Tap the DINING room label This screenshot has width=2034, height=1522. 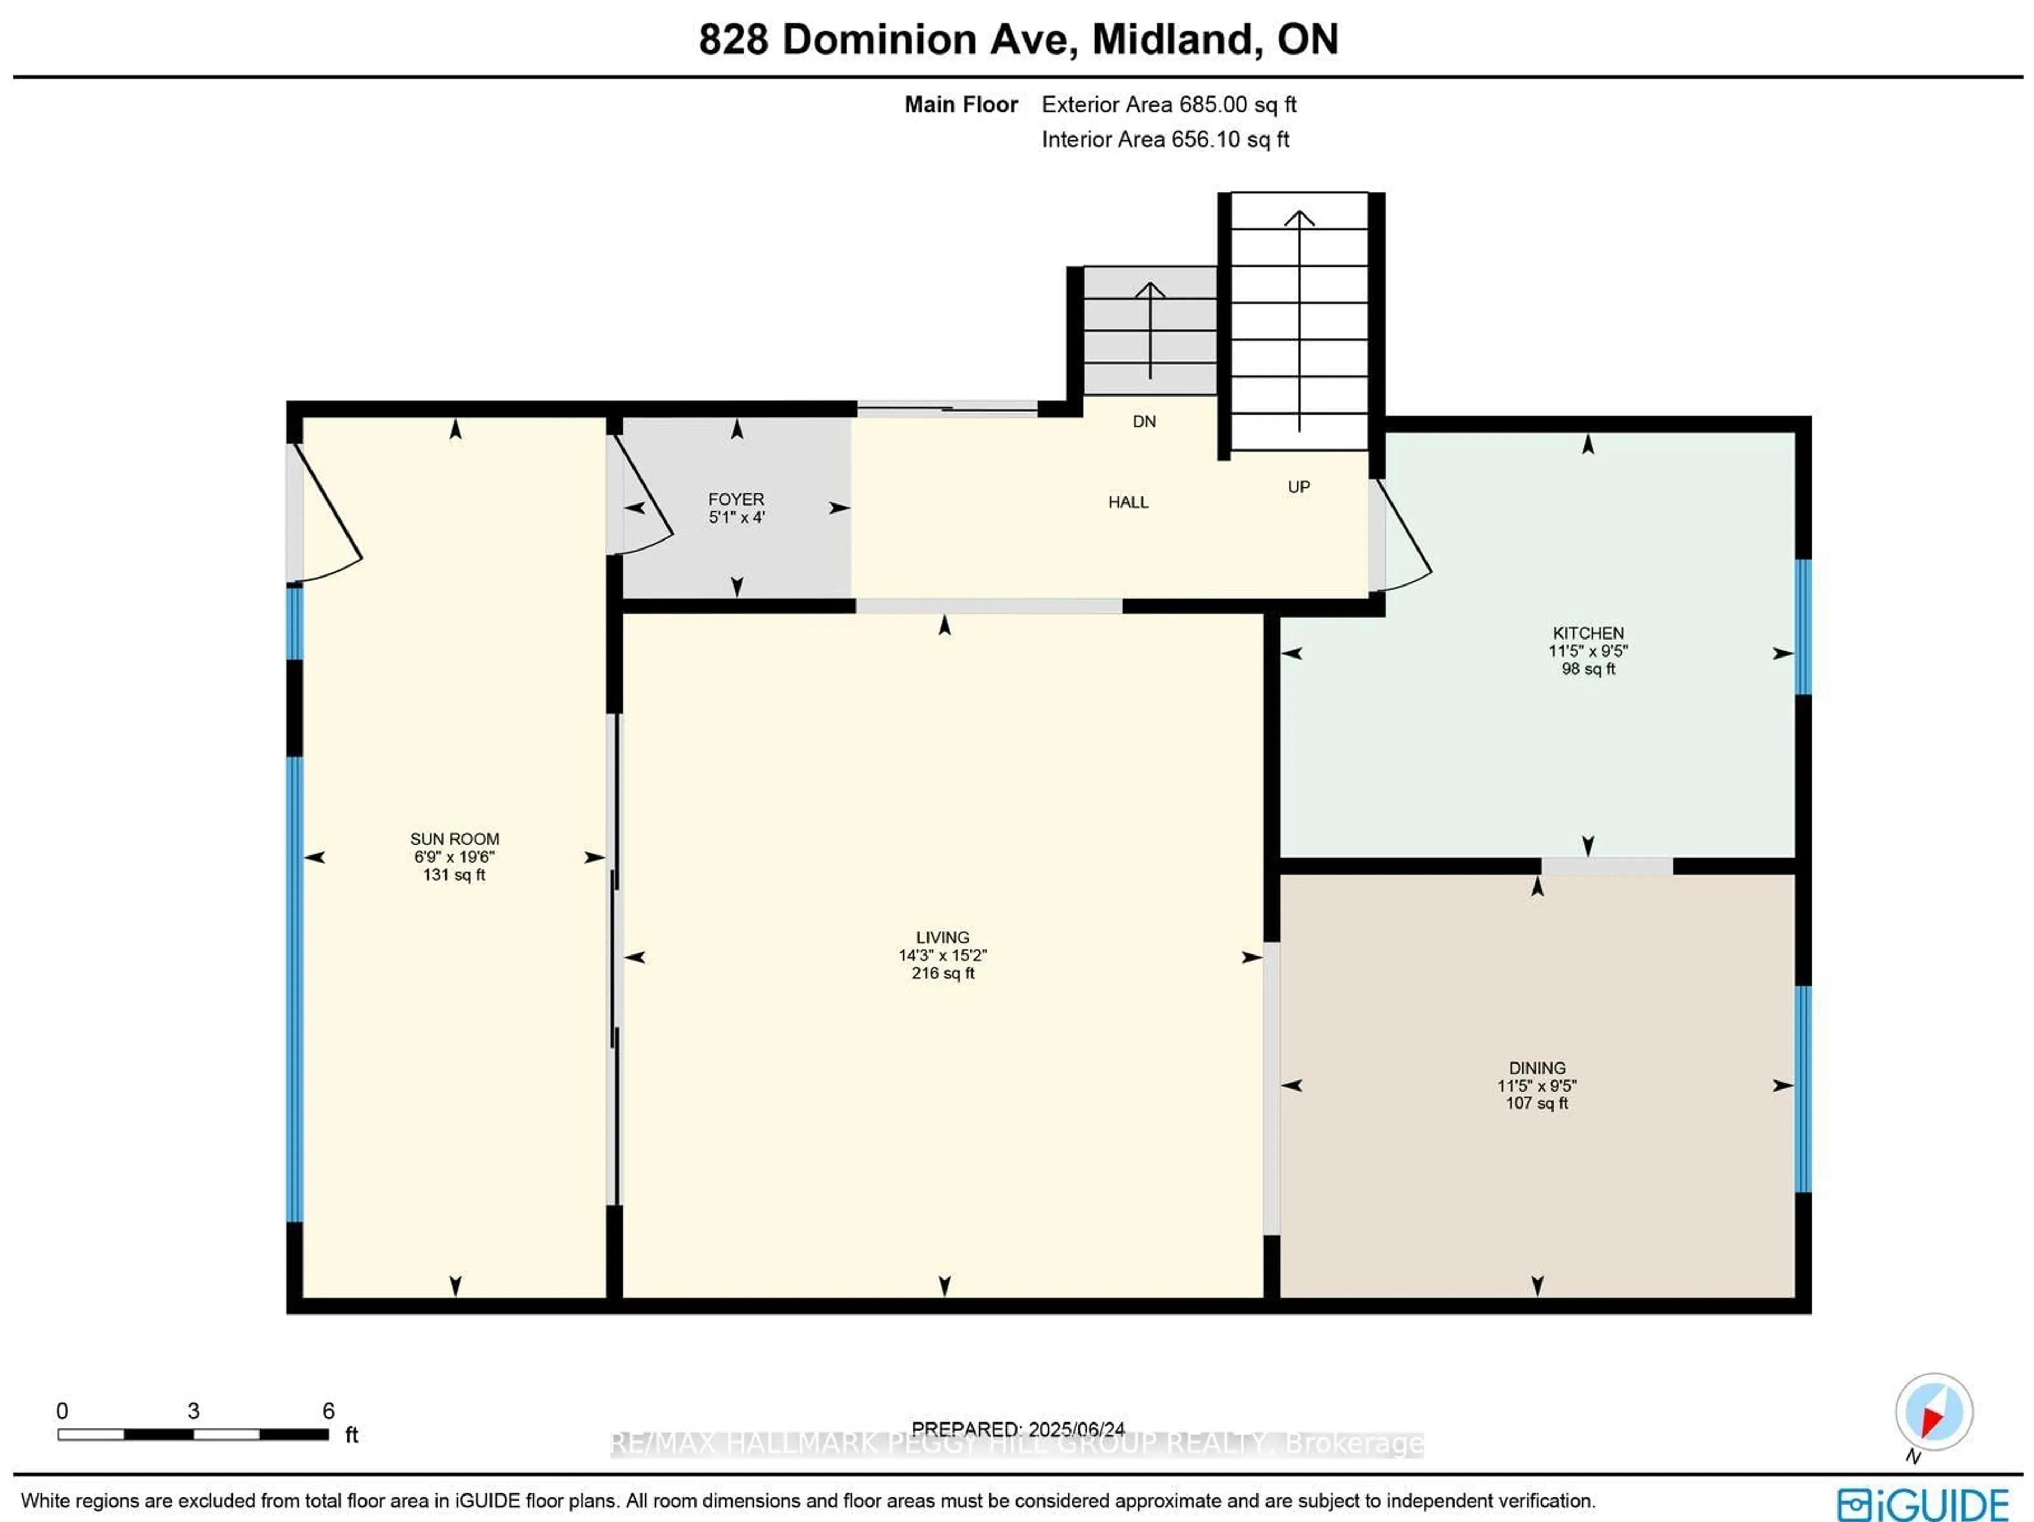pyautogui.click(x=1537, y=1068)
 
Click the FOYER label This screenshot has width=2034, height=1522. pyautogui.click(x=736, y=499)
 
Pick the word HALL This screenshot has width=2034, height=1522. pyautogui.click(x=1128, y=502)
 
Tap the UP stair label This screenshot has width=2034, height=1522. pyautogui.click(x=1298, y=487)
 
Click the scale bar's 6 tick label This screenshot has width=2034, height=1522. pyautogui.click(x=328, y=1411)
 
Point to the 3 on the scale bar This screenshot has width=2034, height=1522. pyautogui.click(x=193, y=1411)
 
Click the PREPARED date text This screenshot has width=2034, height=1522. pyautogui.click(x=1018, y=1429)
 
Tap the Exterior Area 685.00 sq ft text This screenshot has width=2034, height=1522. pyautogui.click(x=1168, y=105)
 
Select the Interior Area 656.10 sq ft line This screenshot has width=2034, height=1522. pyautogui.click(x=1165, y=140)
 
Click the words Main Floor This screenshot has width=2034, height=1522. pyautogui.click(x=961, y=105)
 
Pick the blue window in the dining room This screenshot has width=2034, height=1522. pyautogui.click(x=1803, y=1089)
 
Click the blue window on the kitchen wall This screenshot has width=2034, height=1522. pyautogui.click(x=1803, y=627)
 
